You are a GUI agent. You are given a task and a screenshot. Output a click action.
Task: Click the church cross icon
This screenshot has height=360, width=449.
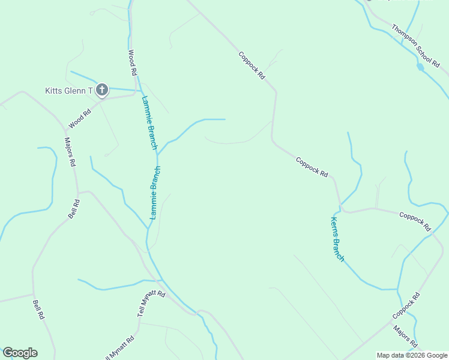pyautogui.click(x=102, y=91)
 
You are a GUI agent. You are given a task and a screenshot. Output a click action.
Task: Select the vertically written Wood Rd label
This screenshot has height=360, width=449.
pyautogui.click(x=133, y=62)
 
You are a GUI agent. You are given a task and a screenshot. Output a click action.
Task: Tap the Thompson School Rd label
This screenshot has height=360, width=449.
pyautogui.click(x=415, y=45)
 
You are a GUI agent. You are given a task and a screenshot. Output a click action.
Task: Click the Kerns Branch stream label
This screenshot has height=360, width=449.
pyautogui.click(x=337, y=239)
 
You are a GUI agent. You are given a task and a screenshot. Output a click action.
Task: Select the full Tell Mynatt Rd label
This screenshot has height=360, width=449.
pyautogui.click(x=151, y=303)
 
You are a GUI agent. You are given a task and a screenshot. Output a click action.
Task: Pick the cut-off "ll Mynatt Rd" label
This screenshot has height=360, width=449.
pyautogui.click(x=120, y=347)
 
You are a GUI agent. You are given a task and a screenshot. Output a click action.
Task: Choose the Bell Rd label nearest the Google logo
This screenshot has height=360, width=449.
pyautogui.click(x=38, y=309)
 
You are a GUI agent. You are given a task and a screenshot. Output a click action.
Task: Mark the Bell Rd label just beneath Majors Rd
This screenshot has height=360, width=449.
pyautogui.click(x=74, y=208)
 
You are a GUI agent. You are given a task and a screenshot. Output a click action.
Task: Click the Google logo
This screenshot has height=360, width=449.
pyautogui.click(x=20, y=353)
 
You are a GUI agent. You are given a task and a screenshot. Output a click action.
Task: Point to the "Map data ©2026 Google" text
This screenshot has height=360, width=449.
pyautogui.click(x=412, y=355)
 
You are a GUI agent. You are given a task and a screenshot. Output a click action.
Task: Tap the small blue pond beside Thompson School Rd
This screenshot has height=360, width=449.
pyautogui.click(x=420, y=67)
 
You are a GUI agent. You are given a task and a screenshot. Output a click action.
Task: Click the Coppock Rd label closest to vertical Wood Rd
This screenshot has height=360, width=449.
pyautogui.click(x=252, y=65)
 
